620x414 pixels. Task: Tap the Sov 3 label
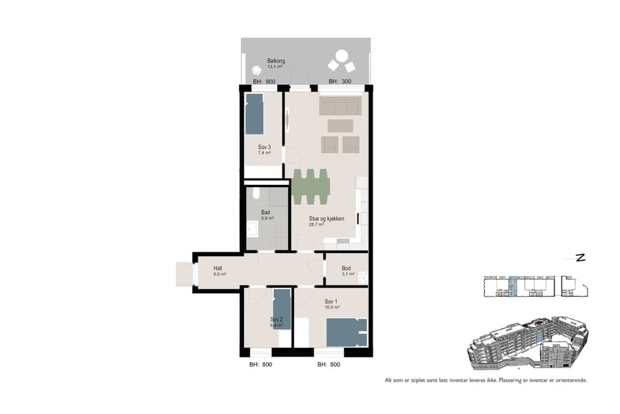click(255, 146)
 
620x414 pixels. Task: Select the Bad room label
click(265, 213)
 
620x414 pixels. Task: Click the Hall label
click(218, 268)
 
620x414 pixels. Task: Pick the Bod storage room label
click(346, 268)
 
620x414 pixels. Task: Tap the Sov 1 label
click(331, 302)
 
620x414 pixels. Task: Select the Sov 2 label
click(276, 319)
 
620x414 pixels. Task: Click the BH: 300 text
click(340, 81)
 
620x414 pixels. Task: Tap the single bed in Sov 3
click(254, 114)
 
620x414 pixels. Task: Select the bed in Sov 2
click(282, 308)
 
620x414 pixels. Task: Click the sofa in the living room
click(340, 106)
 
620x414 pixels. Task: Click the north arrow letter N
click(580, 258)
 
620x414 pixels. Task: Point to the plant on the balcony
click(257, 70)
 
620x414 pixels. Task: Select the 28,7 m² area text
click(317, 224)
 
